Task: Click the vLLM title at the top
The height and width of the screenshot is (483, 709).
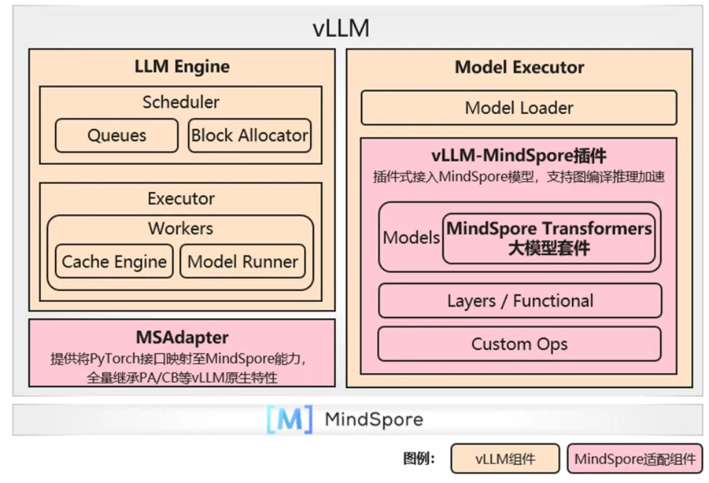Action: (x=341, y=29)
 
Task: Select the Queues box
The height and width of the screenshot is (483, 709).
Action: (x=117, y=136)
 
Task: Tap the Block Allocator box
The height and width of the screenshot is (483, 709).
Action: (x=250, y=136)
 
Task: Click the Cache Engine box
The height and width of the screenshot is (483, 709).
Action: (x=114, y=262)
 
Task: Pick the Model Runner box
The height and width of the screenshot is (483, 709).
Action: (x=243, y=262)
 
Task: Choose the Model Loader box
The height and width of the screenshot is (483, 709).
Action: (x=519, y=108)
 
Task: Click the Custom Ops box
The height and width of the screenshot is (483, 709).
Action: (x=519, y=344)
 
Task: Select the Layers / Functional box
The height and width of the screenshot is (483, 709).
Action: (x=520, y=301)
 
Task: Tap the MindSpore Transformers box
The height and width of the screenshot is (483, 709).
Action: (x=549, y=238)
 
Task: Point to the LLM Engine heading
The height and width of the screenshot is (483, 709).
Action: (x=182, y=66)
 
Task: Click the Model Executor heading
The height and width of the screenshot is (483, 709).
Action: (x=519, y=67)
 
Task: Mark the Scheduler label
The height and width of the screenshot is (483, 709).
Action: (x=180, y=102)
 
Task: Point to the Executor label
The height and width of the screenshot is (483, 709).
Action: (x=181, y=199)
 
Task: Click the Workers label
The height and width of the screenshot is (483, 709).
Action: (x=180, y=227)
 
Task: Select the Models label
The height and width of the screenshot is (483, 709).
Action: (x=411, y=237)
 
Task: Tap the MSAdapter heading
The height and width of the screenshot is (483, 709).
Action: (x=182, y=337)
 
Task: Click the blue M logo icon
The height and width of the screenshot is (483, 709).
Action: (x=290, y=420)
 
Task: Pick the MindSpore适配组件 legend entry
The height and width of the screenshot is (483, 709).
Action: (x=635, y=460)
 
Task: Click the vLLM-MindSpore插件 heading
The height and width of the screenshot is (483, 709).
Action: (x=519, y=156)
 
